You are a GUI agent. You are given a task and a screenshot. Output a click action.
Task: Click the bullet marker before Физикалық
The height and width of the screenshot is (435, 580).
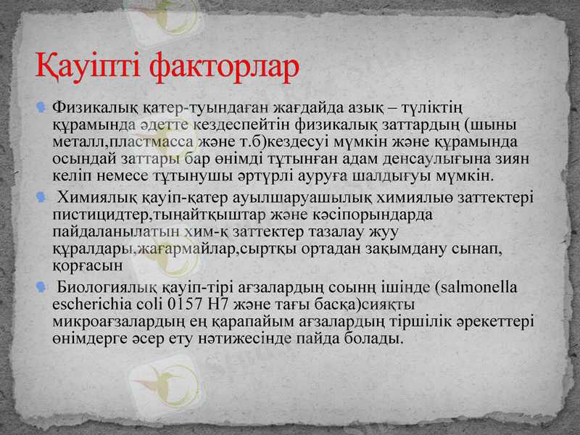coord(42,109)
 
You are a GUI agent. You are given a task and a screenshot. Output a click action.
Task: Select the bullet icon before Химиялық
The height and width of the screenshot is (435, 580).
coord(42,198)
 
